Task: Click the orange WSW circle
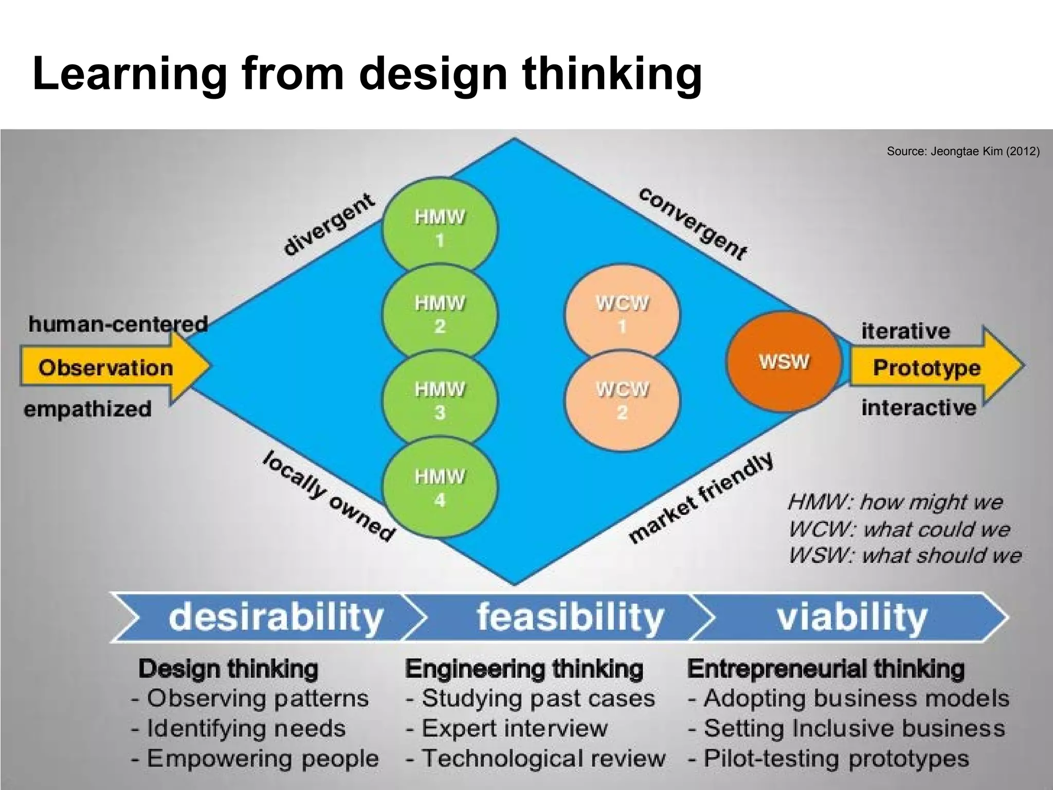pos(784,361)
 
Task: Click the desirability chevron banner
pos(267,617)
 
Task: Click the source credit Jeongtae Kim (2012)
pos(963,152)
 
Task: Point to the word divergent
pos(329,224)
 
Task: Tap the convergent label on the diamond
pos(692,223)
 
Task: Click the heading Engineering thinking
pos(524,669)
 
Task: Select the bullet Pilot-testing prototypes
pos(829,758)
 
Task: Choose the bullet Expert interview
pos(507,728)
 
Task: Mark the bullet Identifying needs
pos(239,728)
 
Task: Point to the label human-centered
pos(118,324)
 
